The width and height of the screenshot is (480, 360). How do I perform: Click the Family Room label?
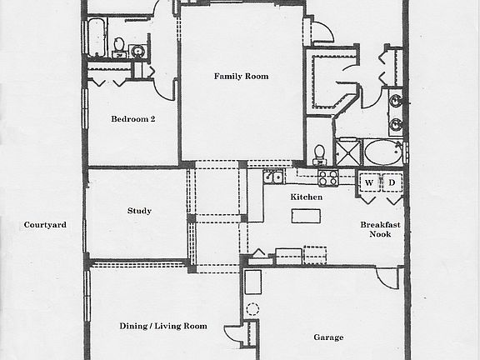pyautogui.click(x=241, y=77)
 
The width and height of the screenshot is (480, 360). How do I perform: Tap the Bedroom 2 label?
pyautogui.click(x=133, y=119)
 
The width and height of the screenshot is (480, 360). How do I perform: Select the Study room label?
pyautogui.click(x=139, y=212)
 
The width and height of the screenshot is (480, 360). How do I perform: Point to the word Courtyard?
pyautogui.click(x=45, y=225)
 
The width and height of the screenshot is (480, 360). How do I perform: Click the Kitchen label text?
pyautogui.click(x=306, y=197)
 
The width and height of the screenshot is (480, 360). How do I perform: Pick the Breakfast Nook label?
pyautogui.click(x=374, y=230)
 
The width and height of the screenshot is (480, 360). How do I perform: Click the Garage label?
pyautogui.click(x=328, y=338)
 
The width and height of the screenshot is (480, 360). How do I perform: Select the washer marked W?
pyautogui.click(x=369, y=182)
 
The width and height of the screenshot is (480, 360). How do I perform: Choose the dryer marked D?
pyautogui.click(x=391, y=182)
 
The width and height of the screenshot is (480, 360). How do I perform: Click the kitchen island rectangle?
pyautogui.click(x=306, y=216)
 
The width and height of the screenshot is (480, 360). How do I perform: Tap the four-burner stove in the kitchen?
pyautogui.click(x=327, y=177)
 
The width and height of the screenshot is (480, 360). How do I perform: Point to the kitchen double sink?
pyautogui.click(x=274, y=177)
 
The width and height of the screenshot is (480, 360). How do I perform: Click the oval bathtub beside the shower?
pyautogui.click(x=382, y=154)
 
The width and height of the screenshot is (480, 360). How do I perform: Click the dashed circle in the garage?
pyautogui.click(x=253, y=308)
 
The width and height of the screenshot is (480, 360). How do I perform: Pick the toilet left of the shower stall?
pyautogui.click(x=319, y=153)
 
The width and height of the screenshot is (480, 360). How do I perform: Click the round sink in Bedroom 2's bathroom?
pyautogui.click(x=138, y=52)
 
